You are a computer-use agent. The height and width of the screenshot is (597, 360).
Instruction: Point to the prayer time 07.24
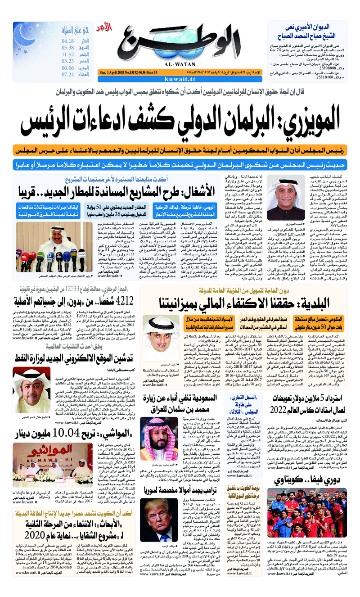[68, 75]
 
